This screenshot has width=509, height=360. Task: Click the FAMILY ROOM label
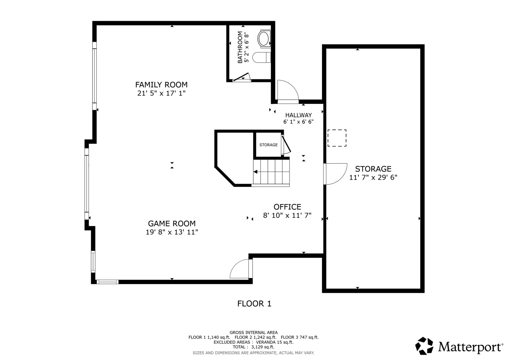click(x=161, y=85)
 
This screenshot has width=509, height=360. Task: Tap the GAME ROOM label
click(x=172, y=224)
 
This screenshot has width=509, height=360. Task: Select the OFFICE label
click(x=287, y=207)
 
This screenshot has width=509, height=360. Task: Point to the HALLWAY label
click(x=299, y=115)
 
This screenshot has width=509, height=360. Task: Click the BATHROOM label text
click(x=240, y=47)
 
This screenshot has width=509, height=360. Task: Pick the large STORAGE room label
click(x=373, y=169)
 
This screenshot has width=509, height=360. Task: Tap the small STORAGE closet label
click(x=268, y=145)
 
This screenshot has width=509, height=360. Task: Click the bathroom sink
click(x=264, y=39)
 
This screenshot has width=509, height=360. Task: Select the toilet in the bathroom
click(x=262, y=57)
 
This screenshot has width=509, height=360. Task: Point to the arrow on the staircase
click(x=255, y=172)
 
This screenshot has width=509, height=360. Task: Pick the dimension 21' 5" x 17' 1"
click(x=161, y=93)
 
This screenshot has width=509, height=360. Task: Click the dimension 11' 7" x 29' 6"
click(x=373, y=177)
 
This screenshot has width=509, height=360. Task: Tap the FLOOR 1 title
click(x=254, y=304)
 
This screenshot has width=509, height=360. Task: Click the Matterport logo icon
click(x=424, y=346)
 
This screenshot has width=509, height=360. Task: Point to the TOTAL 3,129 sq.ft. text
click(x=253, y=347)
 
